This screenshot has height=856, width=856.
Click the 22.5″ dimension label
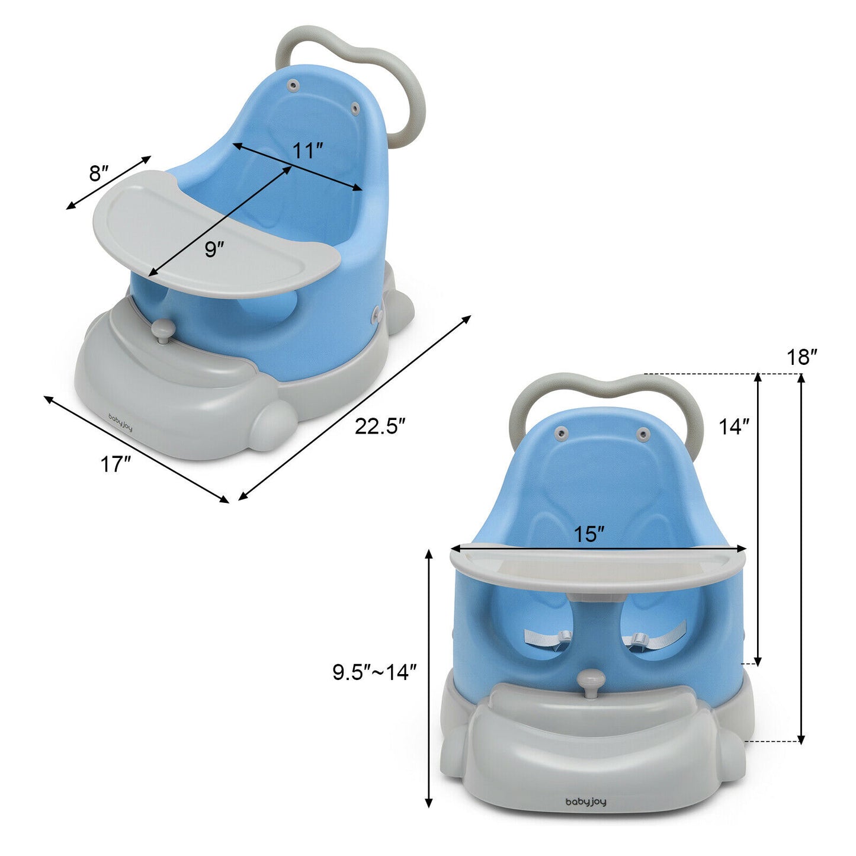click(x=380, y=427)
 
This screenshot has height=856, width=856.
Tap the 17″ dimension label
click(x=115, y=464)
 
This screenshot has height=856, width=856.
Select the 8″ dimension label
click(x=99, y=174)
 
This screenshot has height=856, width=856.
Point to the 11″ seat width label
click(x=307, y=150)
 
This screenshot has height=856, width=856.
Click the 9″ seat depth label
click(x=214, y=249)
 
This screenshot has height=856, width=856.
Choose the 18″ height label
click(x=802, y=357)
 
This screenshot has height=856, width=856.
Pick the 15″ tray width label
click(x=589, y=534)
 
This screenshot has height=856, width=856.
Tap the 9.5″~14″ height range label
click(x=374, y=672)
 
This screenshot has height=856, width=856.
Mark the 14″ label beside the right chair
click(x=734, y=427)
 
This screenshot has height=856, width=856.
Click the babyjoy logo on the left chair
click(x=121, y=422)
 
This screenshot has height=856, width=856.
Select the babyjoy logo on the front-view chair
click(x=586, y=802)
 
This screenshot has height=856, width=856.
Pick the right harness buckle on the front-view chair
click(x=639, y=639)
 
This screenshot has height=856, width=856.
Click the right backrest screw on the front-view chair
click(x=642, y=435)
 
